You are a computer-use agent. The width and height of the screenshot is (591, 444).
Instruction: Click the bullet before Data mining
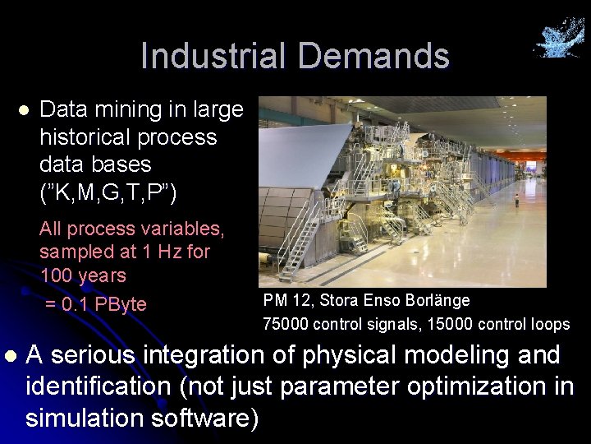point(24,109)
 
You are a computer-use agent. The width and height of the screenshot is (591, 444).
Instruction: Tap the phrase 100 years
point(83,275)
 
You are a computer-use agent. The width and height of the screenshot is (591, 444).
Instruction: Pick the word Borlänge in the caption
point(438,301)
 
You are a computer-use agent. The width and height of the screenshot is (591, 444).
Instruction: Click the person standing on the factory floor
point(516,201)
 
